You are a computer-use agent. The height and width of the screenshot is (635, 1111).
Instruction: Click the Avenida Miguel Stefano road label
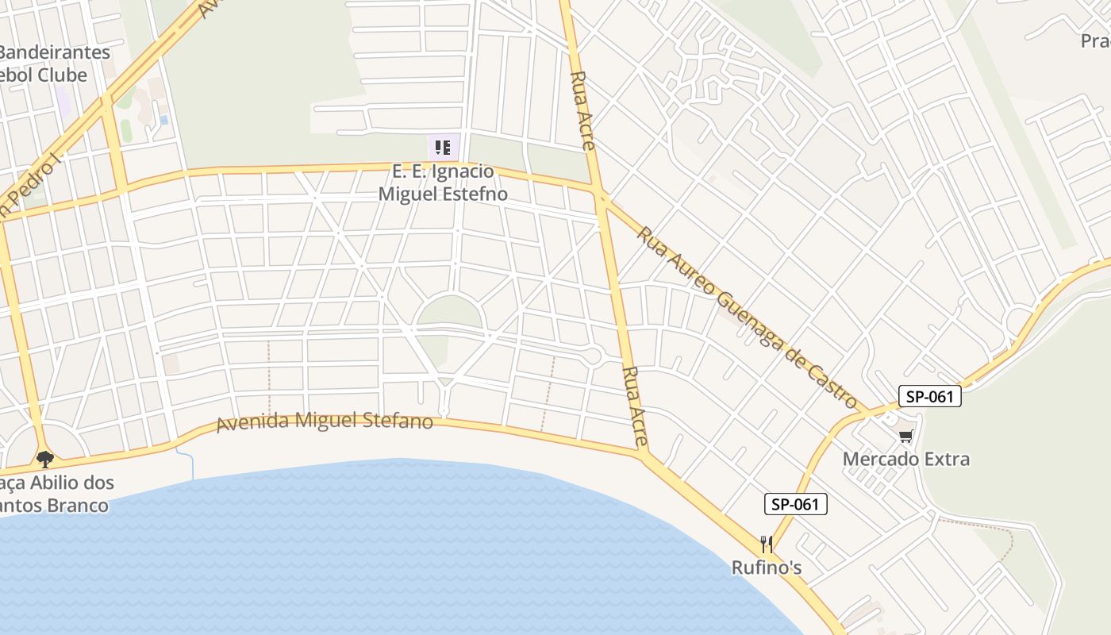coord(325,421)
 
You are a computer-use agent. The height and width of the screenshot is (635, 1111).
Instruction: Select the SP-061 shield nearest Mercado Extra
coord(929,396)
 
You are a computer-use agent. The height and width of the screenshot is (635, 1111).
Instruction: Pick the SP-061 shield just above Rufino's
coord(795,504)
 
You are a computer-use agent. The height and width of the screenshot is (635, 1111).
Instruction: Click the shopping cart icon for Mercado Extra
coord(905,436)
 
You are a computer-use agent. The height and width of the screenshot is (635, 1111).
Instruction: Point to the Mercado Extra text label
coord(905,459)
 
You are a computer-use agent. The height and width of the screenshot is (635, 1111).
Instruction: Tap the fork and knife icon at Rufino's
coord(766,545)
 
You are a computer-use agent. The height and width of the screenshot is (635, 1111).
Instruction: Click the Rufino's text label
coord(766,568)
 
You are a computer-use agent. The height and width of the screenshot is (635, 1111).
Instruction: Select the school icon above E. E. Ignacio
coord(442,148)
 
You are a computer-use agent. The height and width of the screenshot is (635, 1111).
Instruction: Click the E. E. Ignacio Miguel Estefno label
coord(443,183)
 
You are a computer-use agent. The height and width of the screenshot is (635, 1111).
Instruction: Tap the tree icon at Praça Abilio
coord(44,459)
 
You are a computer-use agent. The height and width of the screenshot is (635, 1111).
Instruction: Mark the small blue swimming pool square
coord(163,120)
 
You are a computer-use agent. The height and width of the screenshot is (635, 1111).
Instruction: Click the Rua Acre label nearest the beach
coord(636,406)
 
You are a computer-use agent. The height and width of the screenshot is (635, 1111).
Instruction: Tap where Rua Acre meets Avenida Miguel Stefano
coord(644,454)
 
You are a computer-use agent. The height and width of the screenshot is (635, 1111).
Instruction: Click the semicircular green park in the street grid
coord(450,312)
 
